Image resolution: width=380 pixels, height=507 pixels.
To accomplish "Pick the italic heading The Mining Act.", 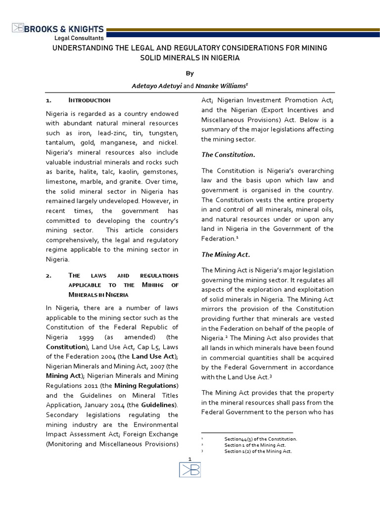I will tap(225, 254).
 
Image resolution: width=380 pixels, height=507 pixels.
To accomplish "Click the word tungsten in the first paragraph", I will tap(162, 133).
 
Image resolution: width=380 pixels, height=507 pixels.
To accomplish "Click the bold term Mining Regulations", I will tap(145, 385).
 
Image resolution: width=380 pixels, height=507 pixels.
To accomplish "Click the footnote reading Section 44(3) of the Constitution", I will tap(260, 439).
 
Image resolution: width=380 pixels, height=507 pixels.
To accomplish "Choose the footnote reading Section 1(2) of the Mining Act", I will tap(258, 451).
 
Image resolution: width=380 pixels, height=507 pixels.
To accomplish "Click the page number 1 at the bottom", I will tap(190, 459).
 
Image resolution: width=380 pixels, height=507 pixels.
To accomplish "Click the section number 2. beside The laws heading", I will tap(48, 275).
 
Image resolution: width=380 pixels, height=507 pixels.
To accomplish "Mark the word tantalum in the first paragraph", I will tap(59, 142).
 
